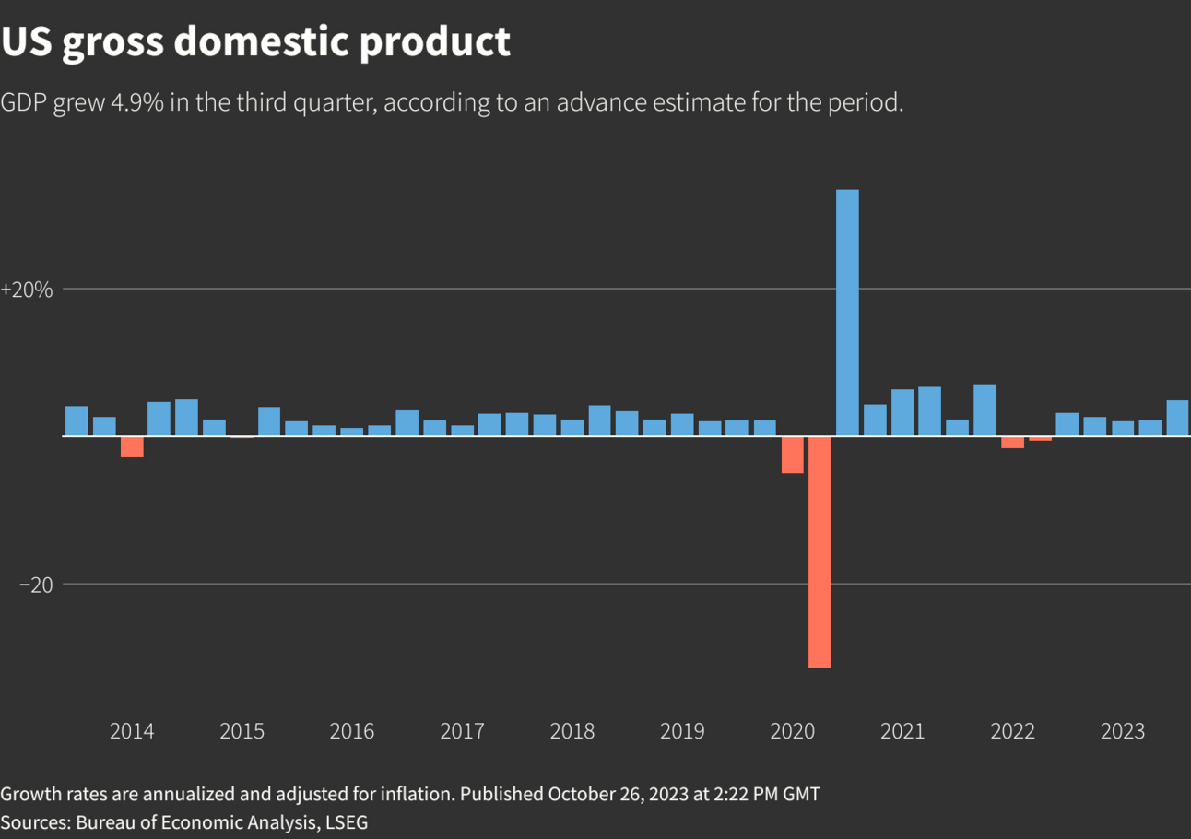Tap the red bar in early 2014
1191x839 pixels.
(x=132, y=446)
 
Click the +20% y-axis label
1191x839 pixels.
(x=27, y=290)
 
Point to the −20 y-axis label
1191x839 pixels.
(x=36, y=585)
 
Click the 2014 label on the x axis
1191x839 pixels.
(x=132, y=732)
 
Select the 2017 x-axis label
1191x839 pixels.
(x=462, y=732)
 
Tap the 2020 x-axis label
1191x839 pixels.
(x=793, y=732)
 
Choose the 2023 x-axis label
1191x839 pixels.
(x=1123, y=732)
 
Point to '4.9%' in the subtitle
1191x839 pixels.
(x=137, y=102)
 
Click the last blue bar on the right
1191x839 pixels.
(x=1177, y=418)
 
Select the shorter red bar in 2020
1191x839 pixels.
(x=792, y=455)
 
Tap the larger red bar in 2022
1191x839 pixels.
(x=1012, y=442)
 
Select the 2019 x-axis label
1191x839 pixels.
(x=682, y=732)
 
